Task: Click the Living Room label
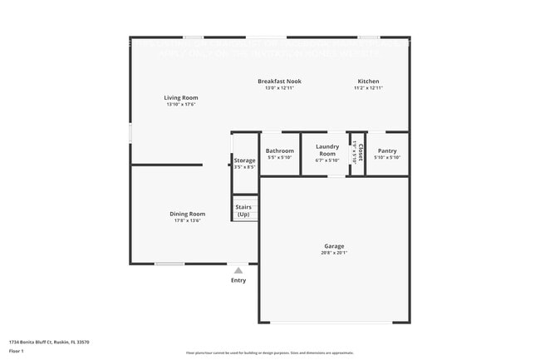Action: (x=182, y=97)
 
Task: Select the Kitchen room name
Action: (x=368, y=81)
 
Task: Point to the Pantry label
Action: (x=387, y=150)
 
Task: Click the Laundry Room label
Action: (x=327, y=150)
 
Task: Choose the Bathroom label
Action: (x=279, y=150)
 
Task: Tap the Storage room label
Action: (x=244, y=160)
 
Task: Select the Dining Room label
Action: (x=188, y=214)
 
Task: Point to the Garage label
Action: (x=334, y=245)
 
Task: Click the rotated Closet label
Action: (x=360, y=153)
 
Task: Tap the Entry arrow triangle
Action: (x=238, y=270)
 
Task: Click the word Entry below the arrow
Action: (x=238, y=280)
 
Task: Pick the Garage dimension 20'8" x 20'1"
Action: (x=334, y=253)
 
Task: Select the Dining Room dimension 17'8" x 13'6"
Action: (x=188, y=221)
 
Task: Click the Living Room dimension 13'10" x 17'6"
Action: (x=182, y=105)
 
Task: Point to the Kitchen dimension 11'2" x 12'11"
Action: (x=368, y=88)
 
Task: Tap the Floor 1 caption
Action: (x=17, y=352)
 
